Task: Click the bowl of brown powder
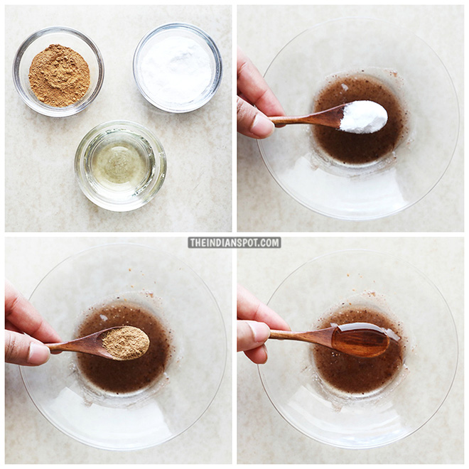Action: tap(58, 75)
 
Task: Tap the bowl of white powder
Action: tap(177, 67)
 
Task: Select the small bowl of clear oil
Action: tap(120, 164)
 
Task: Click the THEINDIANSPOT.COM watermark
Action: tap(234, 242)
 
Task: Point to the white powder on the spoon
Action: tap(363, 116)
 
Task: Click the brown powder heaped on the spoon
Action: tap(125, 343)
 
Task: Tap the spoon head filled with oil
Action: tap(361, 341)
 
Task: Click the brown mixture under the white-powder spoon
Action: tap(355, 146)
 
